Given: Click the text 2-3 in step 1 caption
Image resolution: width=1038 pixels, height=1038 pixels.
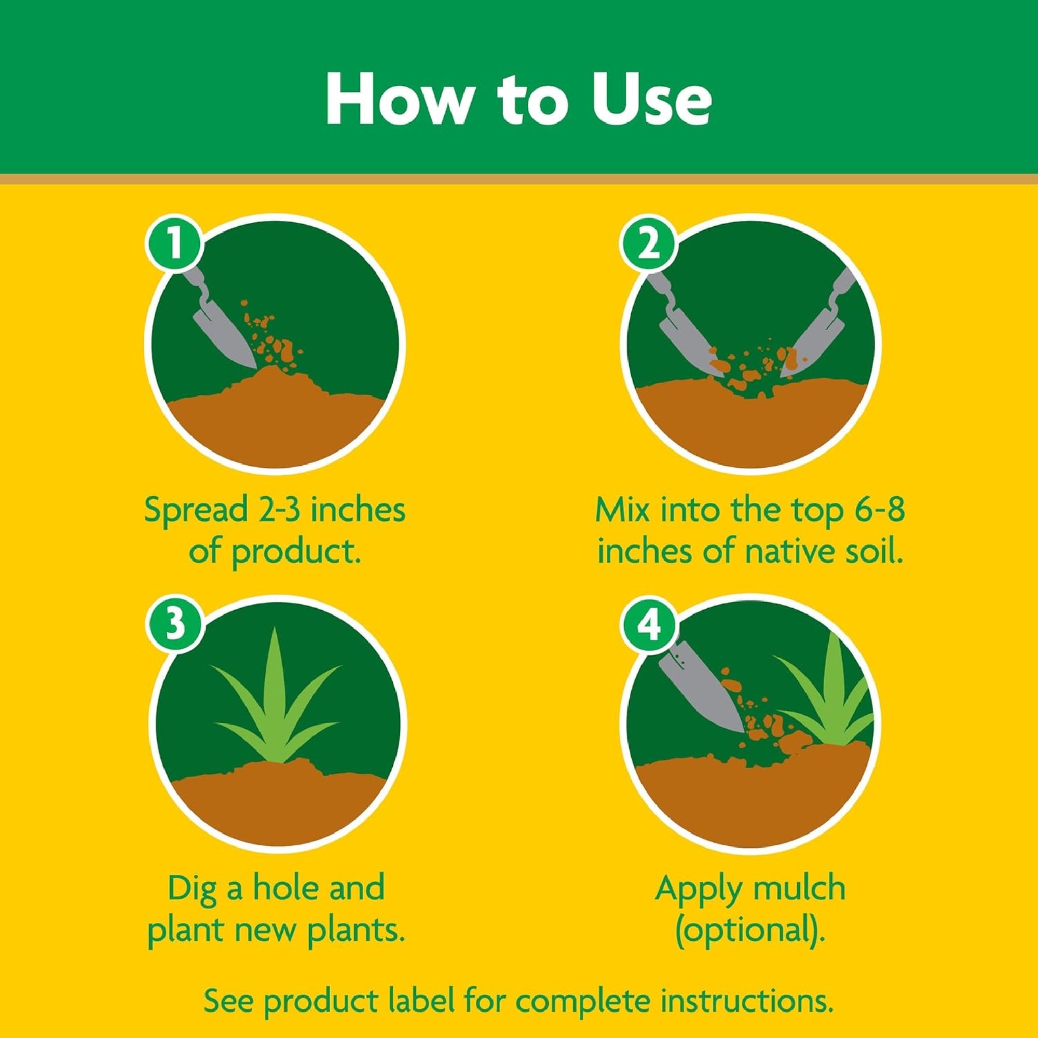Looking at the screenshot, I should click(277, 510).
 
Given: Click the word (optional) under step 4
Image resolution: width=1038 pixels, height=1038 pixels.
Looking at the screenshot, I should click(749, 930).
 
